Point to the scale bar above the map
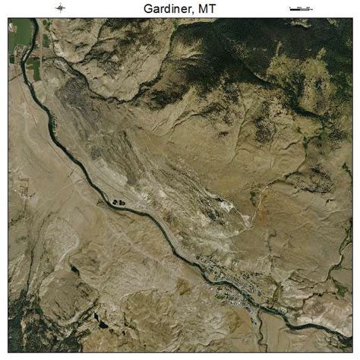click(301, 8)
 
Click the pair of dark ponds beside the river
click(119, 202)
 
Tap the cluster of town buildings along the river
click(228, 281)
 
